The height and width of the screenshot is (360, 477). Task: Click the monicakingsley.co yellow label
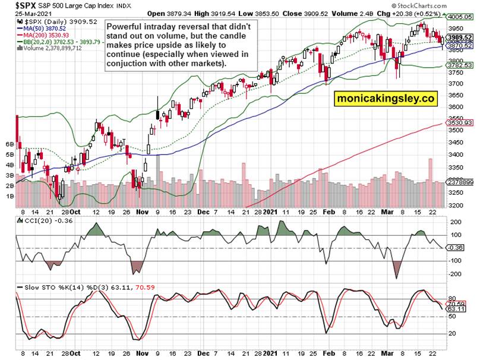pos(384,99)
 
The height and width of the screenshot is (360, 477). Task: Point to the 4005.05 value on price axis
pos(461,18)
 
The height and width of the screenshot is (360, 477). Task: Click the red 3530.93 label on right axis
pos(461,122)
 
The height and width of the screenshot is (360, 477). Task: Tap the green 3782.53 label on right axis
pos(461,65)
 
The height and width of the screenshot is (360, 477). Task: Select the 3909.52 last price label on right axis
pos(461,37)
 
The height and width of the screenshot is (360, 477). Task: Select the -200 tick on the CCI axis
pos(456,274)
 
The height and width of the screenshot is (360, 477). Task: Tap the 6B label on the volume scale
pos(10,144)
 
